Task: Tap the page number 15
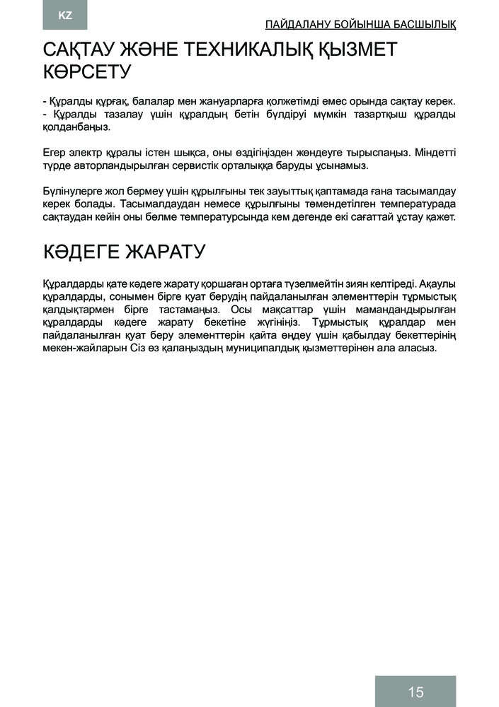pos(415,691)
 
